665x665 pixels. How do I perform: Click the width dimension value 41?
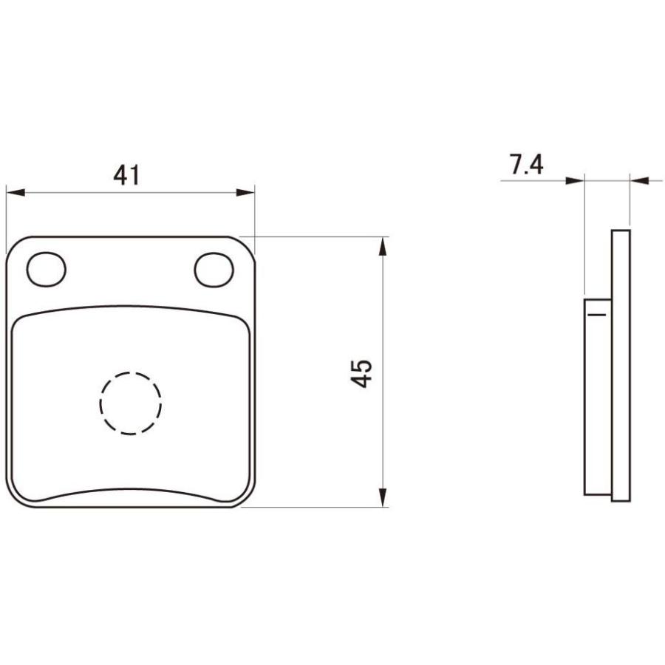[126, 175]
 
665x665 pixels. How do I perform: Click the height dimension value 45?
[361, 373]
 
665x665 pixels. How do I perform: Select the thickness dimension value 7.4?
[526, 165]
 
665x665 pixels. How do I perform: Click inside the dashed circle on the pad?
[131, 403]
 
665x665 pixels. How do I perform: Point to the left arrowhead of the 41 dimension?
[16, 193]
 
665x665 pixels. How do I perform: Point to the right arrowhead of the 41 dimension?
[245, 193]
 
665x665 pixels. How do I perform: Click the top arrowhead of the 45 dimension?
[383, 246]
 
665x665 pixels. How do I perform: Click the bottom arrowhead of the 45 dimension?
[383, 497]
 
